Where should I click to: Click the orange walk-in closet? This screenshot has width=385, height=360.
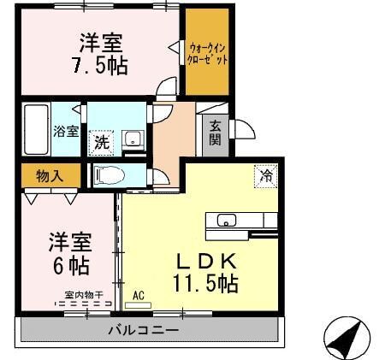pos(208,52)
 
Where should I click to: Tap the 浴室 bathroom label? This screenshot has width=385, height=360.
pos(66,132)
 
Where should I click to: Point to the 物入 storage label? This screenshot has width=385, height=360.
pos(50,175)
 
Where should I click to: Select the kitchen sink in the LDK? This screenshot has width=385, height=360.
pos(226,221)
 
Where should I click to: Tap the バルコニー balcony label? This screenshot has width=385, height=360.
pos(143,329)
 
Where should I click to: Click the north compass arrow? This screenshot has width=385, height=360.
pos(346,339)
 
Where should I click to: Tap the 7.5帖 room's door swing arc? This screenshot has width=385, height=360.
pos(169,86)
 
